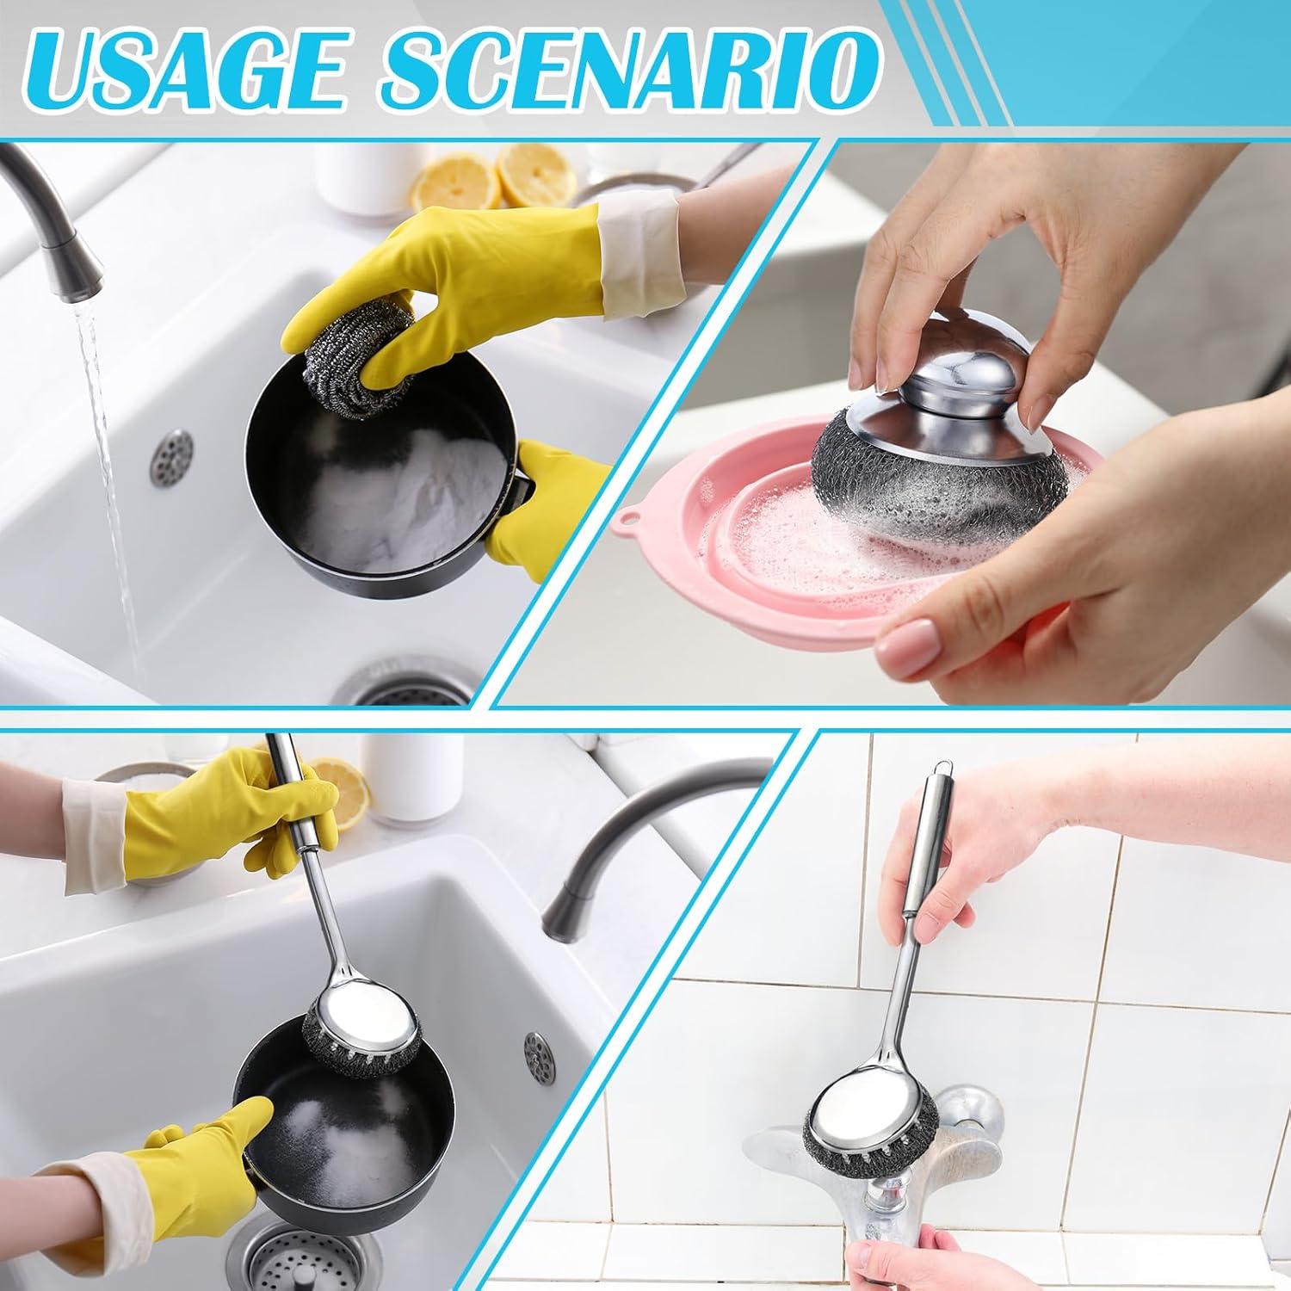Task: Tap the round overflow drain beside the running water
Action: [171, 454]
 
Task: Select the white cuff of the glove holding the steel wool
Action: [641, 250]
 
